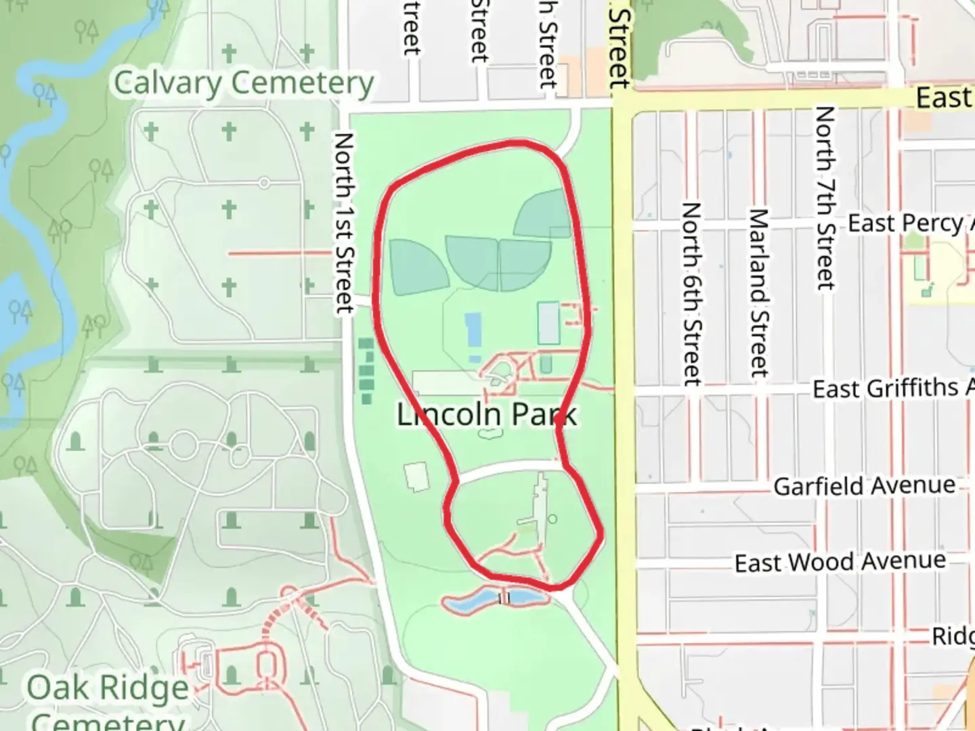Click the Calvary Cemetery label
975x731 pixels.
pos(244,83)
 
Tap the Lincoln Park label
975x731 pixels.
pos(486,414)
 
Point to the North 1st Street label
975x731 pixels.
pos(344,223)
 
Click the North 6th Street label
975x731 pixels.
pos(691,294)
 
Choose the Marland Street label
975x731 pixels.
pos(758,292)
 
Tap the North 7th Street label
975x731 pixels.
pos(825,198)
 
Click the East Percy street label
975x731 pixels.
pos(907,223)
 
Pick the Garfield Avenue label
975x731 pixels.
pos(864,486)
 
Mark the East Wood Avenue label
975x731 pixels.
pos(840,562)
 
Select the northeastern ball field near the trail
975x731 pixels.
pos(545,213)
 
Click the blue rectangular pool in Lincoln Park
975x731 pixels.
pos(473,329)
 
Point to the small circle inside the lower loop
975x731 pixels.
pos(552,519)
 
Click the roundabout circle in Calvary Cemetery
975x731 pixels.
pos(264,183)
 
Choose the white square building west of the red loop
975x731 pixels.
pos(417,476)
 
